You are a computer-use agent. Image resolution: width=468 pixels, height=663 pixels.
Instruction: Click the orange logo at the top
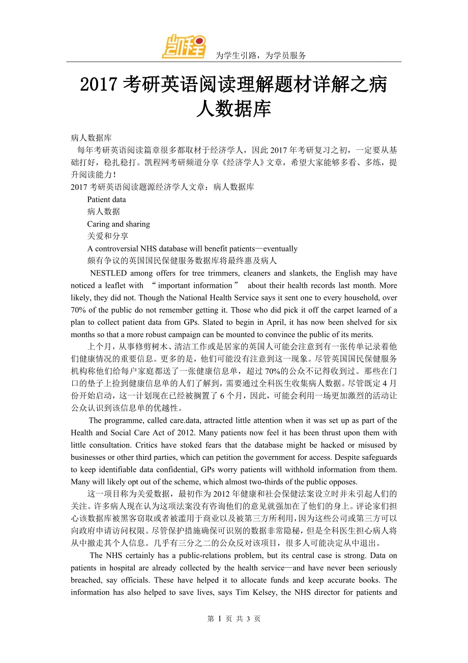184,46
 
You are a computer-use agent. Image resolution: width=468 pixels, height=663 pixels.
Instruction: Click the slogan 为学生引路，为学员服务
261,56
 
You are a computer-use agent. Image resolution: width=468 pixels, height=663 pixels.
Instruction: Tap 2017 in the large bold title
100,85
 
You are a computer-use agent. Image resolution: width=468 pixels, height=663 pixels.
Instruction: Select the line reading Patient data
106,200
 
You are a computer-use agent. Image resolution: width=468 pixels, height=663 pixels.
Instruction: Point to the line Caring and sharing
119,224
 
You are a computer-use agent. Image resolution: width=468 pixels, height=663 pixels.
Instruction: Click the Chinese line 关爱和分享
108,236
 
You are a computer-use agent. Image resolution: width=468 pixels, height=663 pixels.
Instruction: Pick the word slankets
301,273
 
